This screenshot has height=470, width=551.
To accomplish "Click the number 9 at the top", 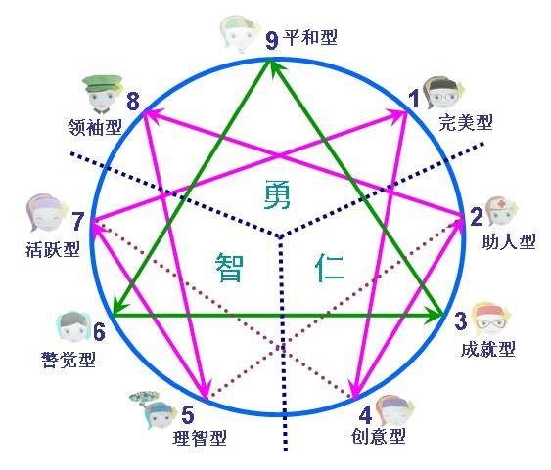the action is tap(272, 41).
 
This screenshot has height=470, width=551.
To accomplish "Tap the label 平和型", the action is tap(310, 37).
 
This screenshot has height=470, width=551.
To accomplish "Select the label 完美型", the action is tap(466, 122).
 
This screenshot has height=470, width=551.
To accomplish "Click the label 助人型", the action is tap(509, 241).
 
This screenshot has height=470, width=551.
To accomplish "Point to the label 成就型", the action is tap(488, 349).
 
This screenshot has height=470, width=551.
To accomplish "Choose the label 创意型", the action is tap(379, 436).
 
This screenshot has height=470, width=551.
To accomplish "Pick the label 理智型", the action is tap(200, 438).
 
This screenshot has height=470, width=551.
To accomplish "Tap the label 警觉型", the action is tap(69, 360).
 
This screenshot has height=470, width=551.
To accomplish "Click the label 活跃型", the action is tap(53, 249).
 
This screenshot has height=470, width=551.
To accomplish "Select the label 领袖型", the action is tap(95, 127).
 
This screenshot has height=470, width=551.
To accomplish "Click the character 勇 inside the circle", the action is tap(278, 194).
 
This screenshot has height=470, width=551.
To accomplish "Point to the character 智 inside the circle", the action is tap(229, 268).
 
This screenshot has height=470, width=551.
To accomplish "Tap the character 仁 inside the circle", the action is tap(329, 268).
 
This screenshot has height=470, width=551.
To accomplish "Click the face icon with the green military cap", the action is tap(102, 94).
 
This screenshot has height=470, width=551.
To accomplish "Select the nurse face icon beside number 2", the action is tap(500, 211).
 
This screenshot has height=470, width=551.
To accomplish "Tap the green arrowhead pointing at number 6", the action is tap(119, 307).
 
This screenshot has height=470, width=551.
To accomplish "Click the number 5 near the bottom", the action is tap(188, 414).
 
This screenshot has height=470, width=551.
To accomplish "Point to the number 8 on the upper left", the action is tap(133, 102).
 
